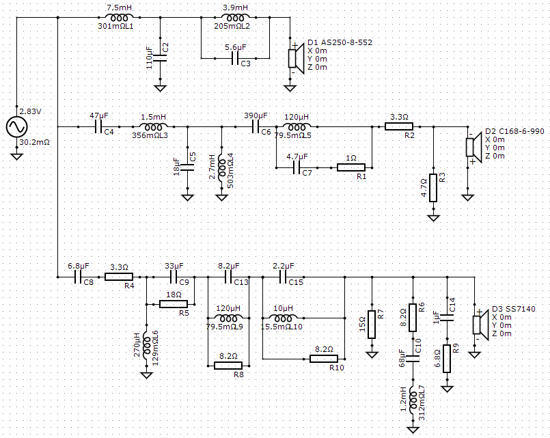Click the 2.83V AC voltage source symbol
[x=17, y=126]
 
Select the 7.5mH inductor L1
[x=120, y=17]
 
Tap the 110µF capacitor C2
[x=161, y=58]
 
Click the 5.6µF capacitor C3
[x=235, y=58]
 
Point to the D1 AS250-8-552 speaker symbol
[x=296, y=58]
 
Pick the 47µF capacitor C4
[x=98, y=126]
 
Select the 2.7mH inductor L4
[x=221, y=167]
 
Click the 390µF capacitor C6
[x=256, y=126]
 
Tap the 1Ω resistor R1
[x=351, y=167]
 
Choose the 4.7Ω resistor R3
[x=434, y=188]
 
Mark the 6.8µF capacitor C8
[x=78, y=277]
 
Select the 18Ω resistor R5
[x=174, y=304]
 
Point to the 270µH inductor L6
[x=147, y=346]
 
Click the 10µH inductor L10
[x=283, y=318]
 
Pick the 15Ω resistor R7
[x=372, y=325]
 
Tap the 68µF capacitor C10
[x=413, y=359]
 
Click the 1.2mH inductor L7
[x=413, y=400]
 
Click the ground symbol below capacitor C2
[x=161, y=87]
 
